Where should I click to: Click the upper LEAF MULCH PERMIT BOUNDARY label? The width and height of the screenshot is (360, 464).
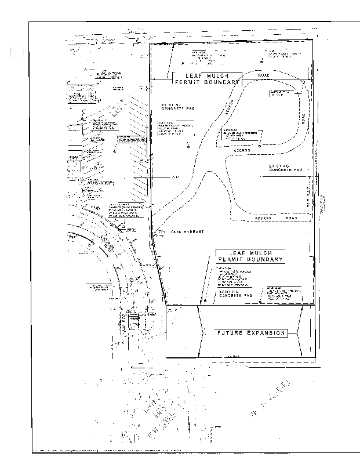pos(206,79)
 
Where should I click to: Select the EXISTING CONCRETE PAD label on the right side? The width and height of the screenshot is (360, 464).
pos(286,168)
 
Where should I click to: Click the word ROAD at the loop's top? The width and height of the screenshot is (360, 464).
pos(264,76)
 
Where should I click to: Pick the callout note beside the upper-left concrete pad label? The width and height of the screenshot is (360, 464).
pos(173,129)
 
